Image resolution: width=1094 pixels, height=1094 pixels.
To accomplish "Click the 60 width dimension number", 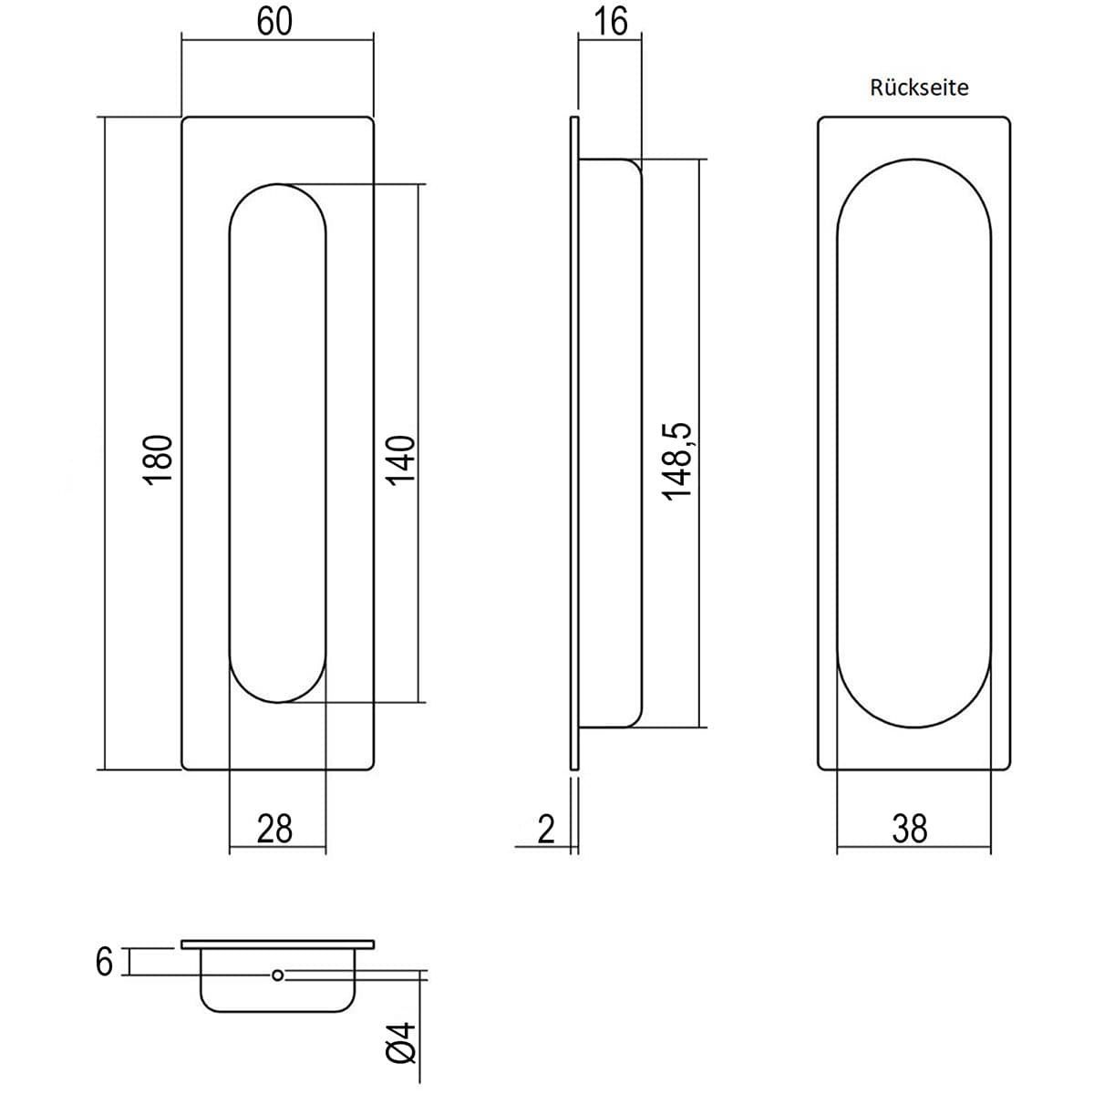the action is click(x=274, y=21).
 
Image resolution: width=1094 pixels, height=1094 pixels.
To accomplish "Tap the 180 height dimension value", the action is click(x=157, y=459).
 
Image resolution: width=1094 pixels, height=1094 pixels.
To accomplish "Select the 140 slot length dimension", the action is click(x=401, y=460).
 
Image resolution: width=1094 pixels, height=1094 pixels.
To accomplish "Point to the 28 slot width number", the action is click(x=274, y=829).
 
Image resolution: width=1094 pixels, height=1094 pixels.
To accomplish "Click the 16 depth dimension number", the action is click(x=611, y=21).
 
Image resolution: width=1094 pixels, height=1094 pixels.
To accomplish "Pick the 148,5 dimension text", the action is click(x=677, y=461).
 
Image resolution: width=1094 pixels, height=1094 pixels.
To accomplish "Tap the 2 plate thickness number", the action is click(x=545, y=830).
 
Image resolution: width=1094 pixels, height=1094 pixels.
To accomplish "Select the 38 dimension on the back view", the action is click(x=910, y=829).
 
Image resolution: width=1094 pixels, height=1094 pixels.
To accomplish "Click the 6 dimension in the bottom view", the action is click(x=104, y=963).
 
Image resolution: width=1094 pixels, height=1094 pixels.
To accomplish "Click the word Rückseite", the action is click(x=919, y=88).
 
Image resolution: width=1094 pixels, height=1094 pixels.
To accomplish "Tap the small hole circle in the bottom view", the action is click(x=278, y=975).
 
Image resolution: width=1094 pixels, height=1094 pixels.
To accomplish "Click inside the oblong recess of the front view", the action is click(x=278, y=443).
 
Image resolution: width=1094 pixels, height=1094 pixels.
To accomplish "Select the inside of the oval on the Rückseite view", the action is click(x=914, y=443).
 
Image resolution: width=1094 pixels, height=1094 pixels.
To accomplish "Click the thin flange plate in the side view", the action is click(x=574, y=443).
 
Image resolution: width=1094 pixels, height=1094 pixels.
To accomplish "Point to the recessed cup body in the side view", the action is click(x=610, y=443).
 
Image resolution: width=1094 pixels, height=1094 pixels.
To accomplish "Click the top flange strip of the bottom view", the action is click(x=278, y=944).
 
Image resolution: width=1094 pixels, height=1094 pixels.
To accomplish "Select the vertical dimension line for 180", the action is click(x=106, y=443).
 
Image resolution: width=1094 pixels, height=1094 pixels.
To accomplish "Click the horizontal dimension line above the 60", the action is click(x=278, y=40).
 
